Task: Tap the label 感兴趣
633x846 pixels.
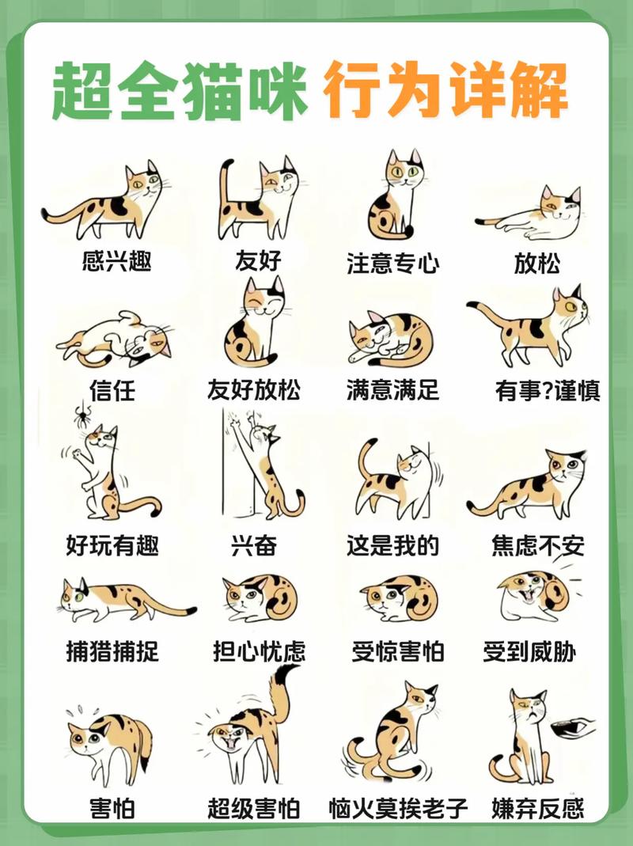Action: point(116,260)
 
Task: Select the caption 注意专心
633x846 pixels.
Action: point(392,264)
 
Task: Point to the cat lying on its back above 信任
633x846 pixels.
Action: point(116,339)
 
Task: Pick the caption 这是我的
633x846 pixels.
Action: point(392,545)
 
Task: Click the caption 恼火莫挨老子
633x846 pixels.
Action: point(398,808)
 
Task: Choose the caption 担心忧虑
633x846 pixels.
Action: point(259,651)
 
